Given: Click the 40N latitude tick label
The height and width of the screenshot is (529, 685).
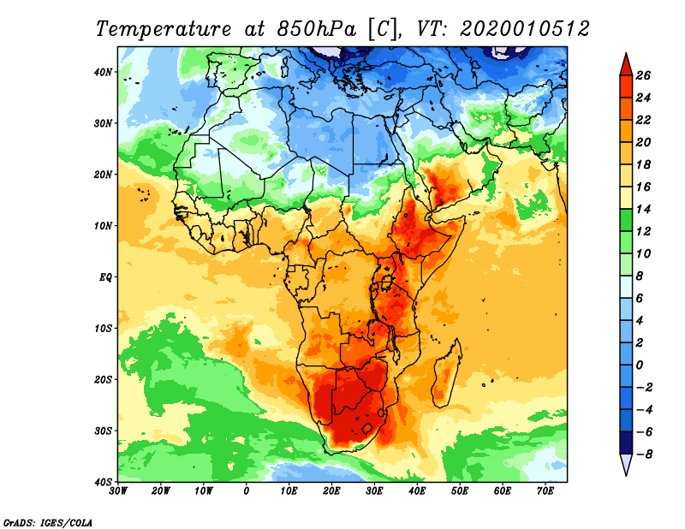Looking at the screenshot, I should point(103,72).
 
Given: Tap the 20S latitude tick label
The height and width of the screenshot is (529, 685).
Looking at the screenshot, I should point(103,379).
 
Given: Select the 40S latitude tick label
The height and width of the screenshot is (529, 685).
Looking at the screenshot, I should point(103,481).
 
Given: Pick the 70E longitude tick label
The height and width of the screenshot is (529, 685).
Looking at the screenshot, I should point(545,491).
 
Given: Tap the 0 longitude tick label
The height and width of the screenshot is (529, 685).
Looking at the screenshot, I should point(247,491).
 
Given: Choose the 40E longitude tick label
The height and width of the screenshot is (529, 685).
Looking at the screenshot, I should point(418,491).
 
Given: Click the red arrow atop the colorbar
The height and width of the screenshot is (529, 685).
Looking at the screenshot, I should point(625,62).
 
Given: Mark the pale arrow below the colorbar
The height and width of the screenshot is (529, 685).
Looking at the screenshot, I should point(625,465).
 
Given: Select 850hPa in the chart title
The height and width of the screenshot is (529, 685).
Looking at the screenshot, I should point(315,28).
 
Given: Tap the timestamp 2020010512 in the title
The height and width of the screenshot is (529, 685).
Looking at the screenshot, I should point(524,28).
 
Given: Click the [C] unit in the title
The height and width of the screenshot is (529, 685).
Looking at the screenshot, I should point(383,28).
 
